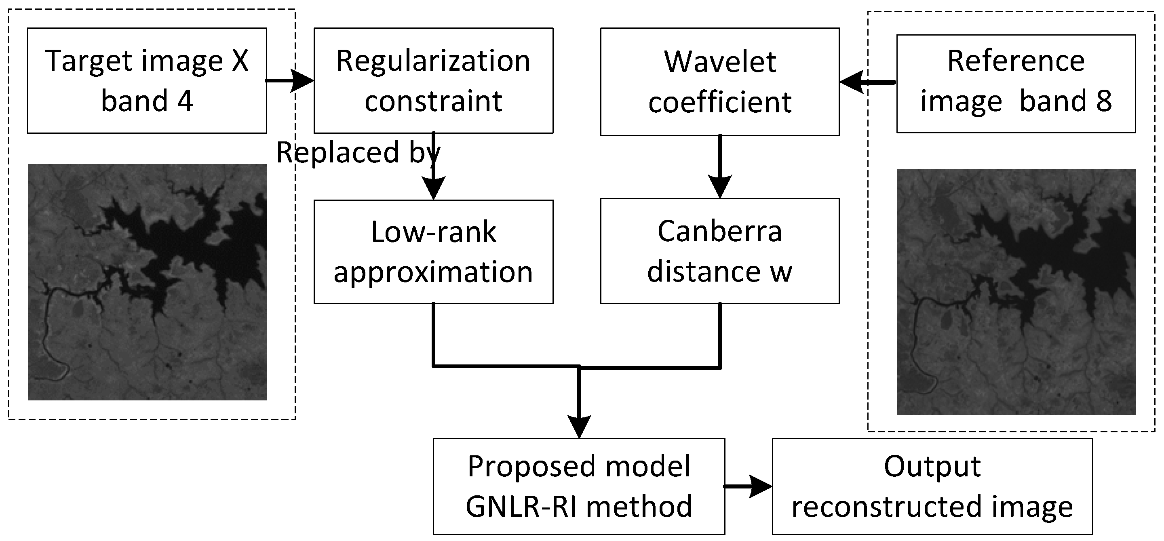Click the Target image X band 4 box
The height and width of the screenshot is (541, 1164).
tap(147, 80)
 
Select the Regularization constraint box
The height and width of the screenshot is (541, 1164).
tap(433, 80)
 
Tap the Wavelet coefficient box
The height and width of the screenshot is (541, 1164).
tap(719, 82)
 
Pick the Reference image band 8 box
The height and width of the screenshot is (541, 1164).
tap(1015, 84)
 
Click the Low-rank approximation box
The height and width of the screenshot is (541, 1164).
tap(433, 252)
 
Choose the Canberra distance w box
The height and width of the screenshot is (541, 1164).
tap(719, 251)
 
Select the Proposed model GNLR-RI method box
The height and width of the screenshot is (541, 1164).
tap(578, 486)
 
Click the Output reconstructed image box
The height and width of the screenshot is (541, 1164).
tap(932, 486)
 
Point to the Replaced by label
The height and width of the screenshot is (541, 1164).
tap(357, 152)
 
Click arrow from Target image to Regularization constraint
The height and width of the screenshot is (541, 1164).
tap(289, 81)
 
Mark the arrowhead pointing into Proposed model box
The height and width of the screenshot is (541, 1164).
tap(578, 426)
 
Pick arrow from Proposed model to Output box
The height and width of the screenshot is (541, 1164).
tap(748, 486)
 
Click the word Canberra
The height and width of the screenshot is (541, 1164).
tap(719, 231)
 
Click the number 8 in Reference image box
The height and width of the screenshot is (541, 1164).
tap(1103, 101)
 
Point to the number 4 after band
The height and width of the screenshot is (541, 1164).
tap(185, 101)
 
